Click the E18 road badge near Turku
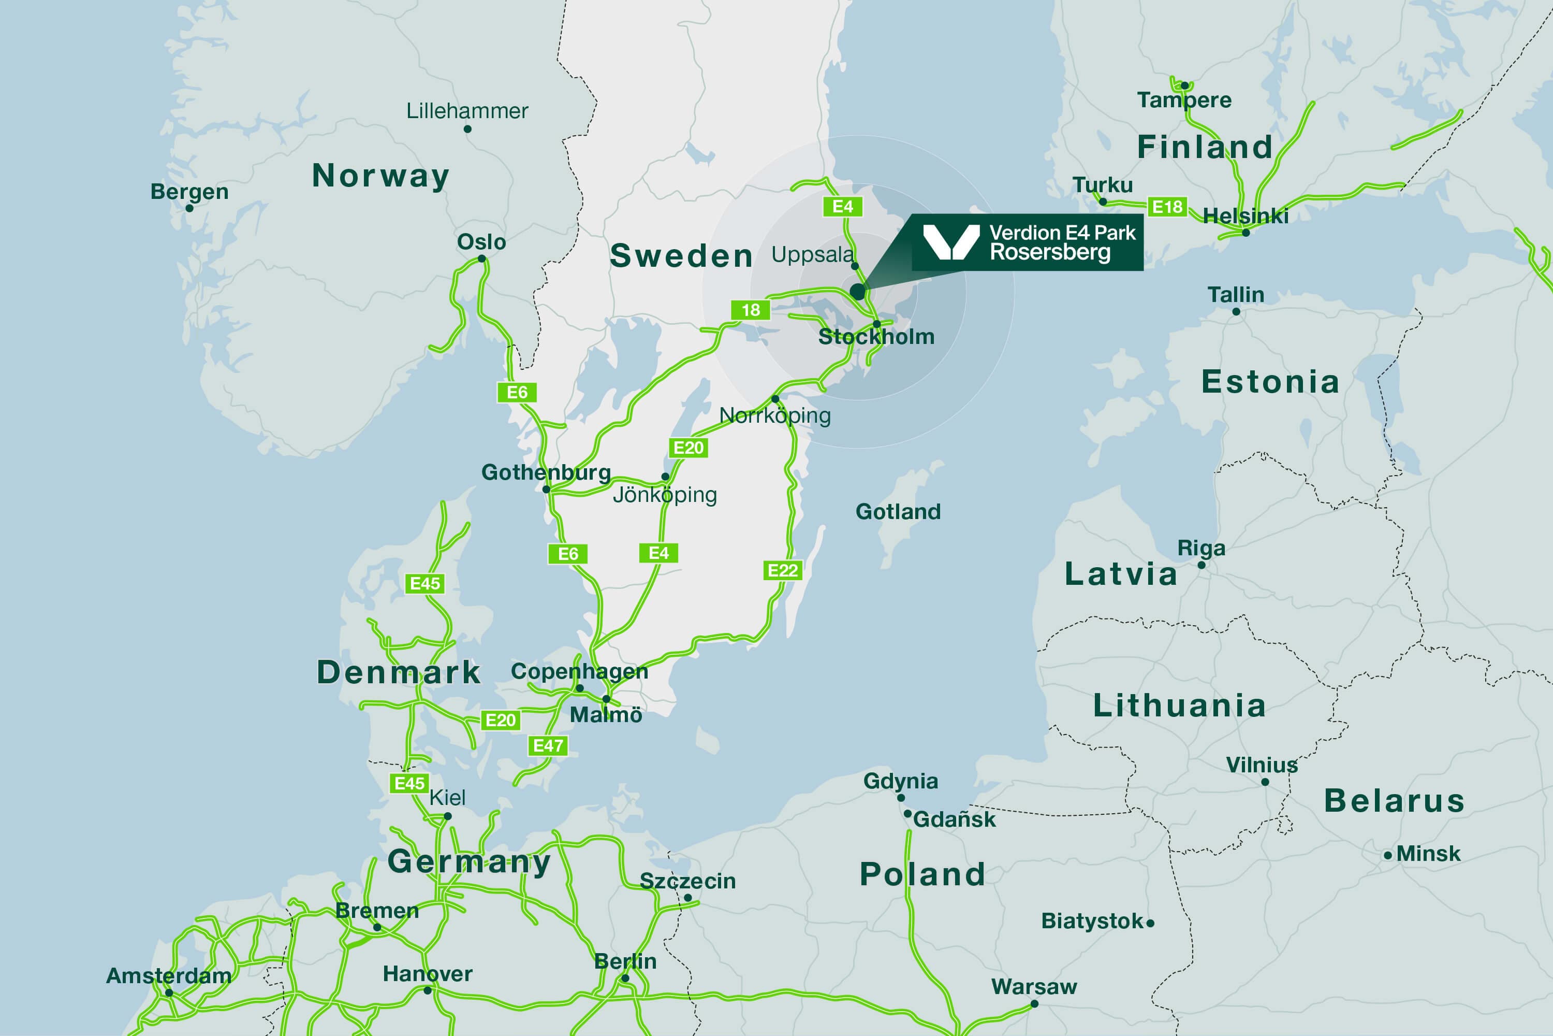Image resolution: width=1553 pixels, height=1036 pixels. (x=1167, y=207)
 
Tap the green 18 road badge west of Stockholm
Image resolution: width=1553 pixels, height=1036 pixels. (x=750, y=310)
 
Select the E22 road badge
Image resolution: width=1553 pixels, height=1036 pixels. (x=782, y=570)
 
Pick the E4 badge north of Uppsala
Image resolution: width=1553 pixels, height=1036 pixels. (x=843, y=207)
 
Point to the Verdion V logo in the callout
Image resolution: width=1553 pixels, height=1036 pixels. (x=951, y=242)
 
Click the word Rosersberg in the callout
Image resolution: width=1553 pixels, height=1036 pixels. (x=1050, y=252)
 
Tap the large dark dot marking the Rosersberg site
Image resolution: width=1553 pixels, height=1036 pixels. (x=857, y=291)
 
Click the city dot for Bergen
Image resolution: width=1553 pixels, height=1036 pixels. (x=189, y=208)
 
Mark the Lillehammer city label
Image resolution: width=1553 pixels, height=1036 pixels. (x=467, y=111)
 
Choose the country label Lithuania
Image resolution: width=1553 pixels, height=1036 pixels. (x=1179, y=705)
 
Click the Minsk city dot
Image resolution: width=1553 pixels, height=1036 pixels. (x=1387, y=855)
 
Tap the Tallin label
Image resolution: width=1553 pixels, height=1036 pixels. (x=1235, y=295)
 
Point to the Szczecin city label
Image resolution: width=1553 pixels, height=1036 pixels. (x=687, y=881)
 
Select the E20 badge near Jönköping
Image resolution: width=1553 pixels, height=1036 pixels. (x=688, y=448)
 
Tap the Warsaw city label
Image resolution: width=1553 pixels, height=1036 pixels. (x=1033, y=986)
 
